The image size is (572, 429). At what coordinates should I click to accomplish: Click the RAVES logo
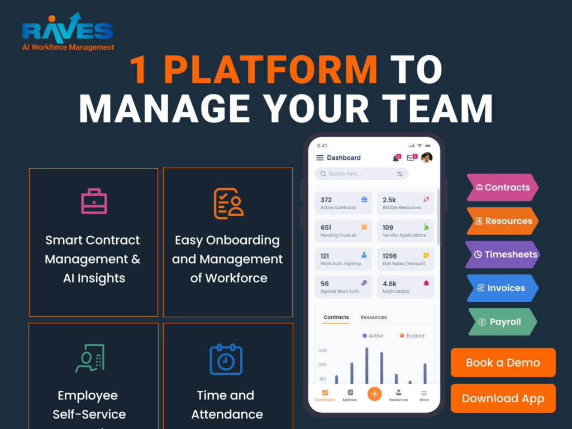pyautogui.click(x=68, y=32)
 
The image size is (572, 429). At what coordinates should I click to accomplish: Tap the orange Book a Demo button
pyautogui.click(x=503, y=362)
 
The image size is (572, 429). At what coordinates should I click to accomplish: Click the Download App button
pyautogui.click(x=503, y=398)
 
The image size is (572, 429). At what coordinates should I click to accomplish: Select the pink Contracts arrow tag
pyautogui.click(x=503, y=188)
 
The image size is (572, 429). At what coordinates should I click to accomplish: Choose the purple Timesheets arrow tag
pyautogui.click(x=503, y=254)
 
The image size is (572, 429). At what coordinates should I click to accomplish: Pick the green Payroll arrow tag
pyautogui.click(x=503, y=322)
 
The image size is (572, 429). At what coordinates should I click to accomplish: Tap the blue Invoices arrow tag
pyautogui.click(x=503, y=288)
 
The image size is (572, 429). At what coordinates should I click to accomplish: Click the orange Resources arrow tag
pyautogui.click(x=503, y=221)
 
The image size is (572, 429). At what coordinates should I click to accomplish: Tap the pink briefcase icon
pyautogui.click(x=94, y=201)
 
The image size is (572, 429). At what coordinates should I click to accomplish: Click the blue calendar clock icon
pyautogui.click(x=226, y=359)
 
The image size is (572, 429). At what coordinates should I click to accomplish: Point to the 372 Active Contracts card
pyautogui.click(x=344, y=203)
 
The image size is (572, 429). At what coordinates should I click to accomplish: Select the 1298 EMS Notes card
pyautogui.click(x=406, y=259)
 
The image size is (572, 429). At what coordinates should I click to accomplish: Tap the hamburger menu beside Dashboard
pyautogui.click(x=320, y=158)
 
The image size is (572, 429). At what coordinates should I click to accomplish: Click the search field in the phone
pyautogui.click(x=361, y=174)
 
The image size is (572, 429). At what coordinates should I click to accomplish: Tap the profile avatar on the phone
pyautogui.click(x=426, y=157)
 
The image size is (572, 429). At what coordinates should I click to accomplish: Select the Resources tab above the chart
pyautogui.click(x=374, y=317)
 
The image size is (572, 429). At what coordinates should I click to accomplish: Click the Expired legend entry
pyautogui.click(x=412, y=336)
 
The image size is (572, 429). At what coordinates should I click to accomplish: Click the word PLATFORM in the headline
pyautogui.click(x=271, y=70)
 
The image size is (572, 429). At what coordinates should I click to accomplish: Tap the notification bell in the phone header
pyautogui.click(x=396, y=158)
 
